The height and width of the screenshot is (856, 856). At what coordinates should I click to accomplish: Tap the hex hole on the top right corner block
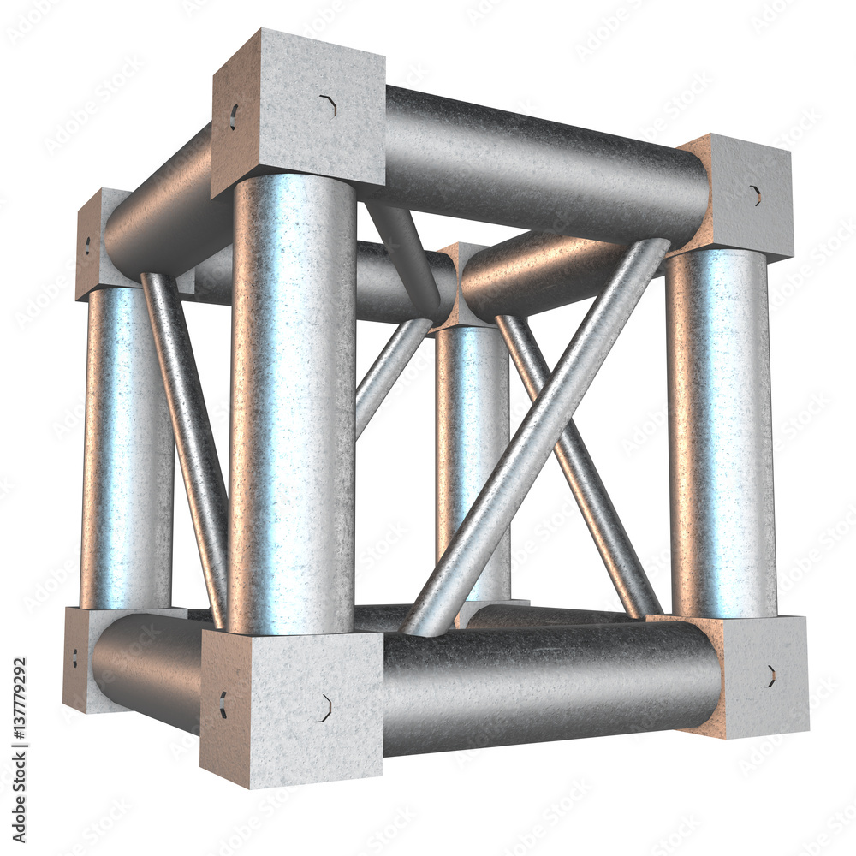(x=756, y=195)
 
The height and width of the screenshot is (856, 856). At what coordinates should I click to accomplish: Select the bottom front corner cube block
(x=291, y=706)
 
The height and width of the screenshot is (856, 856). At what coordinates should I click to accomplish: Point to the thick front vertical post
(x=293, y=402)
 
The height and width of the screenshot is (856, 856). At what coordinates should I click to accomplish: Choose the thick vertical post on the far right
(x=721, y=432)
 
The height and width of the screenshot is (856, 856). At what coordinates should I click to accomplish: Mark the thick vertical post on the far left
(x=124, y=449)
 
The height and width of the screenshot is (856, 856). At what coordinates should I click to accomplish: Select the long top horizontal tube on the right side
(x=539, y=163)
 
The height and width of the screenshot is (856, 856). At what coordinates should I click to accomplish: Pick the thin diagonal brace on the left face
(x=187, y=445)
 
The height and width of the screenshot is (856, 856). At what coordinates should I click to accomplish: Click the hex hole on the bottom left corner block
(x=74, y=658)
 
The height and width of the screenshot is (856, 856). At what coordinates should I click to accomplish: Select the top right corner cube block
(x=740, y=195)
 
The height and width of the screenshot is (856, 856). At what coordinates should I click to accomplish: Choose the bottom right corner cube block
(x=753, y=676)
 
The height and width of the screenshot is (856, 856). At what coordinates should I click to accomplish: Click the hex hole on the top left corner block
(x=86, y=247)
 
